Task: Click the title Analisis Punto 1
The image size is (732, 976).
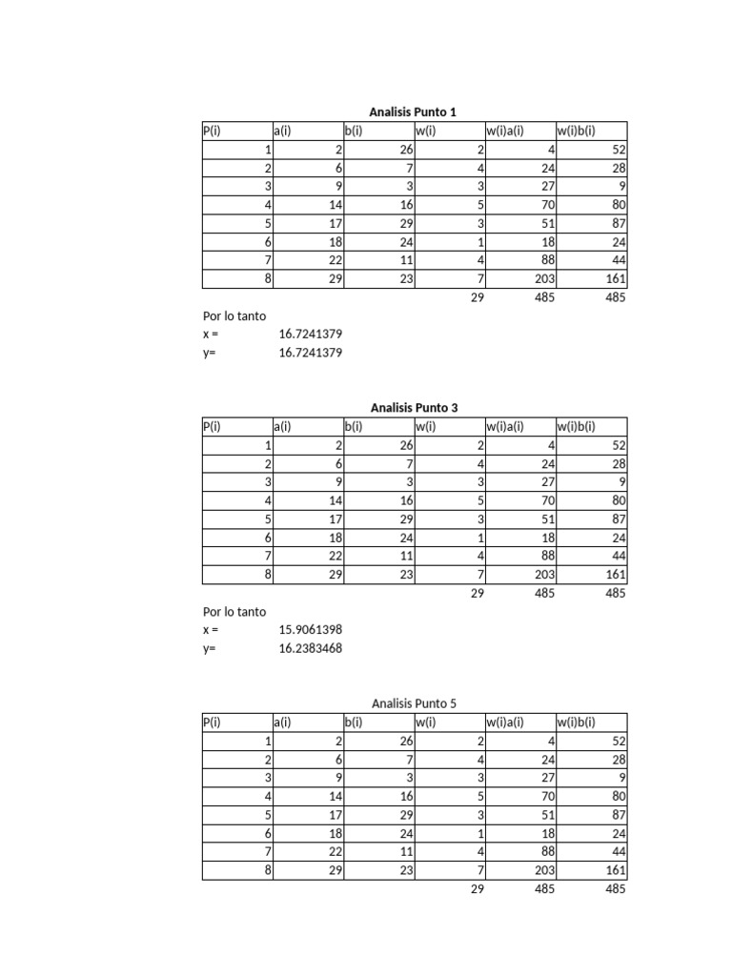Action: pos(414,112)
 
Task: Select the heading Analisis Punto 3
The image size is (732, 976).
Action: pos(414,408)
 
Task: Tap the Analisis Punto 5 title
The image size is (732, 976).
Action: pos(414,704)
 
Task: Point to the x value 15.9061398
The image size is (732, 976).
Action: pos(311,630)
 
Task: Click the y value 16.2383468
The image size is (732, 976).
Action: pos(311,649)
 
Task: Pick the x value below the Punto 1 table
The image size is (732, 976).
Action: pos(311,335)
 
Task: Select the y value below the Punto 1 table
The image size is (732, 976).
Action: pos(311,353)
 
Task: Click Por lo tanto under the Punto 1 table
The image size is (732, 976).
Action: pos(234,315)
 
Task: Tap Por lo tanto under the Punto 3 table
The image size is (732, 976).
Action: pos(234,612)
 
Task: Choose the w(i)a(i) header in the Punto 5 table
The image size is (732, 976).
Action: pos(505,722)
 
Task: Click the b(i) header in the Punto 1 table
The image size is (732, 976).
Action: pos(354,132)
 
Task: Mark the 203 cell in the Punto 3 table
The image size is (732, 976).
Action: pos(543,575)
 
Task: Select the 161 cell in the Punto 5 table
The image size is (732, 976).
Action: pos(615,871)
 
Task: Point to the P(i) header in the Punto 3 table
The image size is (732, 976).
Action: pos(212,427)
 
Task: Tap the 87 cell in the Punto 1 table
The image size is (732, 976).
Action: pos(619,223)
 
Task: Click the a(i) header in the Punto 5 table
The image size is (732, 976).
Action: pos(282,722)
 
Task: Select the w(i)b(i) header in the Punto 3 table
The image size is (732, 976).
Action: pos(576,427)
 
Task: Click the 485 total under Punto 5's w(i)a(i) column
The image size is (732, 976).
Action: pos(543,889)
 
